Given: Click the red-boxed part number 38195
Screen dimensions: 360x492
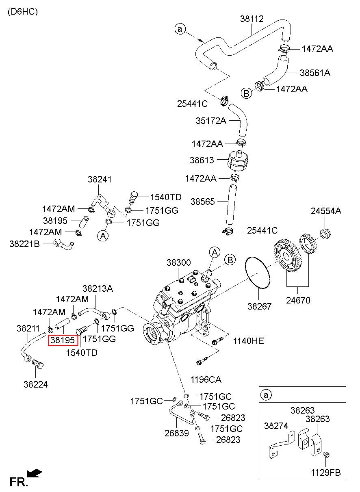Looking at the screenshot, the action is pyautogui.click(x=63, y=340).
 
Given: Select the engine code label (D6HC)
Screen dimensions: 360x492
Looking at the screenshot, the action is pyautogui.click(x=23, y=11).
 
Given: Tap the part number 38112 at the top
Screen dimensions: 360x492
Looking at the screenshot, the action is pyautogui.click(x=252, y=19).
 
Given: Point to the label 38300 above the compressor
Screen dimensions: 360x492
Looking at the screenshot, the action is pyautogui.click(x=178, y=262).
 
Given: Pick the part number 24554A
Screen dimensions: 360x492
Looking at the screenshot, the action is pyautogui.click(x=326, y=211).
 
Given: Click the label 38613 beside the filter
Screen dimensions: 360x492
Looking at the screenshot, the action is pyautogui.click(x=202, y=160).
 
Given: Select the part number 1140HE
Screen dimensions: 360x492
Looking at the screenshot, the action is pyautogui.click(x=248, y=341).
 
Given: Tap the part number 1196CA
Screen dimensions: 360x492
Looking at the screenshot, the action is pyautogui.click(x=206, y=379).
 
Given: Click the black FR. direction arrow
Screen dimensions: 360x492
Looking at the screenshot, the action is pyautogui.click(x=35, y=473).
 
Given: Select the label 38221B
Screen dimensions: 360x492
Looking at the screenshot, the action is pyautogui.click(x=25, y=244).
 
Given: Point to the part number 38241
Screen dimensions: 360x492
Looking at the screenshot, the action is pyautogui.click(x=100, y=179).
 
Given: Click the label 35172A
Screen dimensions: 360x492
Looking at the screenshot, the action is pyautogui.click(x=211, y=121).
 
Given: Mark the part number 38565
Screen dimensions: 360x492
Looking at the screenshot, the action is pyautogui.click(x=202, y=202).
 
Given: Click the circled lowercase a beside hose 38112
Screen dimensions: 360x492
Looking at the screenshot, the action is pyautogui.click(x=180, y=29).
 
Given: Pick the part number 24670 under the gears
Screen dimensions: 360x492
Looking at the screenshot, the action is pyautogui.click(x=298, y=300).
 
